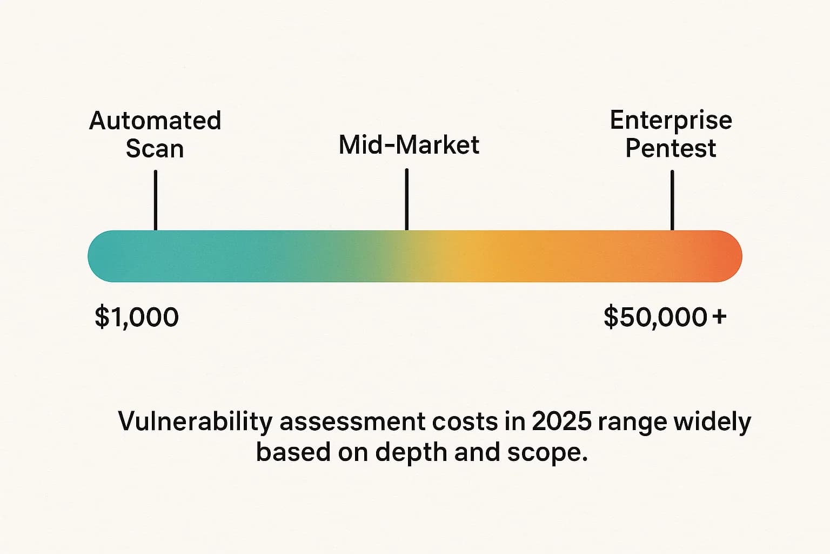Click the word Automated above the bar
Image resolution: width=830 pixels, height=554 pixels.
[155, 121]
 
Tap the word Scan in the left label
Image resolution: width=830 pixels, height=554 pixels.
[155, 149]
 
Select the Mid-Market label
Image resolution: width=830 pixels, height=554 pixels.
[409, 145]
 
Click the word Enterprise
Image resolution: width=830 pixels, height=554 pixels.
[671, 120]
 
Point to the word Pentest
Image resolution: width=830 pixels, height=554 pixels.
[671, 148]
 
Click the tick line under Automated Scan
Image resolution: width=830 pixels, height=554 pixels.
[156, 200]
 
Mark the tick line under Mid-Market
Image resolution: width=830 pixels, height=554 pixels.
[406, 199]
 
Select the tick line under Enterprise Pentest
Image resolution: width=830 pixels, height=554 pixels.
[672, 200]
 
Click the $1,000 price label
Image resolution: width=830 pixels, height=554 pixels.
[137, 317]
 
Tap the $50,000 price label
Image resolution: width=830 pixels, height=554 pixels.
[655, 317]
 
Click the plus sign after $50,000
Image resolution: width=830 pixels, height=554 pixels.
[719, 316]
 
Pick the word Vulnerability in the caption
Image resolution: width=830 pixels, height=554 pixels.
[195, 422]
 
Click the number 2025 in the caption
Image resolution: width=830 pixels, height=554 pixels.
[561, 421]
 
